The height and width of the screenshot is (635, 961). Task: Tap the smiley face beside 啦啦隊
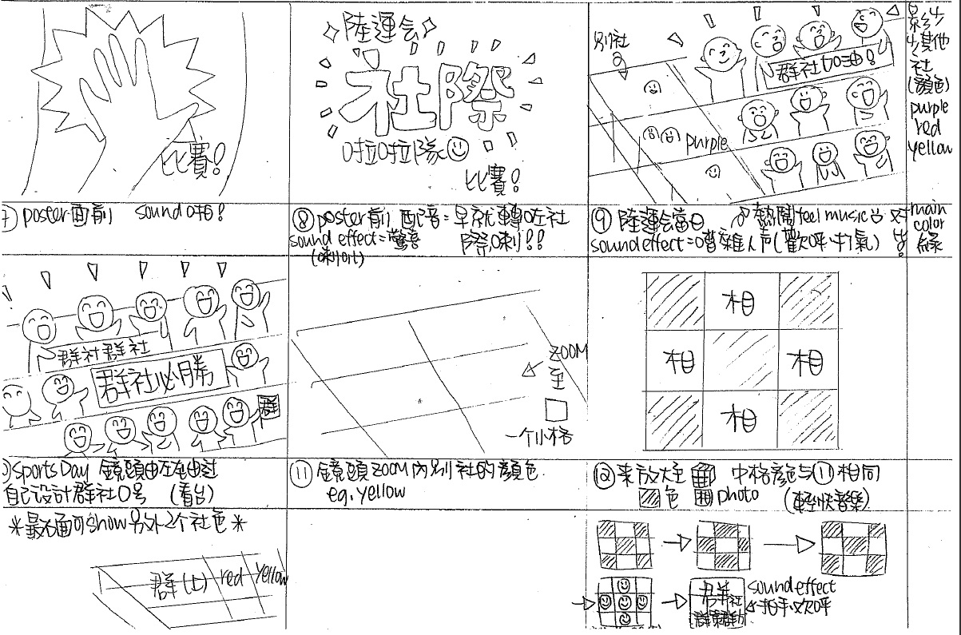pyautogui.click(x=457, y=148)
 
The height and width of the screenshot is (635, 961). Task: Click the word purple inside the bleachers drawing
pyautogui.click(x=706, y=143)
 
